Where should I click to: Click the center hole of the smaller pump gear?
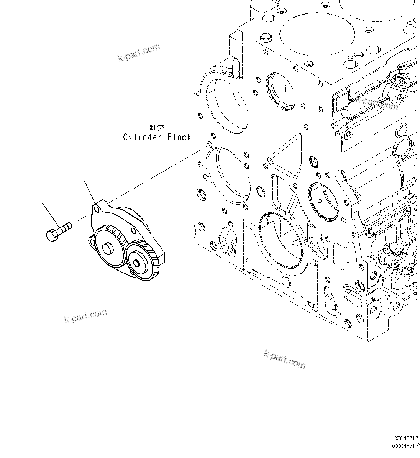coord(137,263)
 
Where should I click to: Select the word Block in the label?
coord(179,137)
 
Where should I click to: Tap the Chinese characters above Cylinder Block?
coord(157,127)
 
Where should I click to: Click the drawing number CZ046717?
coord(405,438)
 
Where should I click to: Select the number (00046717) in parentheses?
coord(405,446)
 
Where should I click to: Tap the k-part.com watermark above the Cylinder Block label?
coord(138,53)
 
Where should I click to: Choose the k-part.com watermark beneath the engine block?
coord(284,359)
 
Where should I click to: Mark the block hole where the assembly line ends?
coord(208,144)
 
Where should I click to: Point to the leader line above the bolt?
coord(51,213)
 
